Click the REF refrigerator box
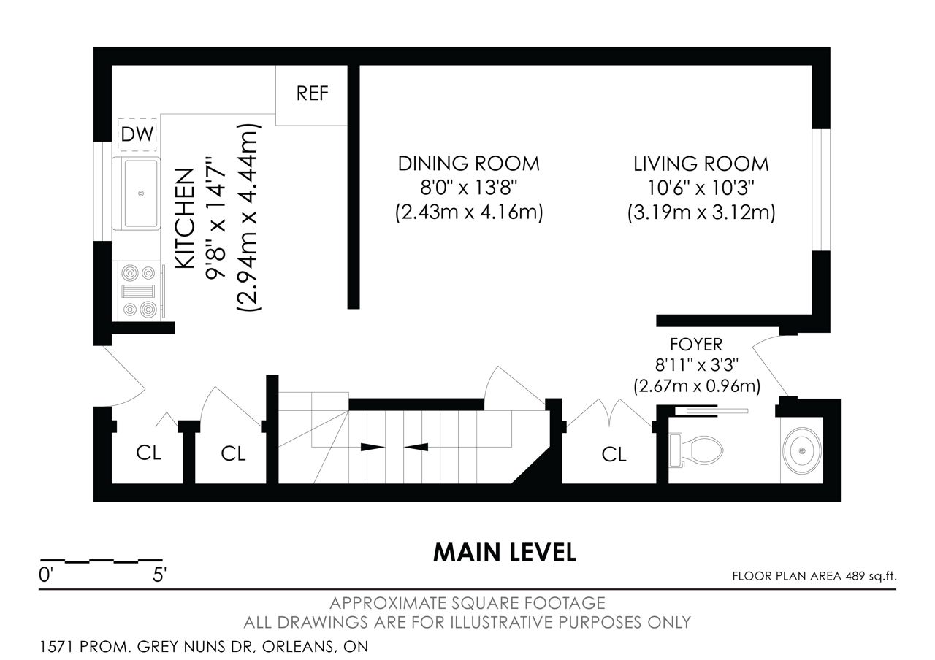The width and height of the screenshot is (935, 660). coord(311,95)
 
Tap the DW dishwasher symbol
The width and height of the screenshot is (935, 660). coord(137,134)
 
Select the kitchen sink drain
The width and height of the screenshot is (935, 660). coord(141,193)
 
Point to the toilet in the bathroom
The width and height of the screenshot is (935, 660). coord(696,450)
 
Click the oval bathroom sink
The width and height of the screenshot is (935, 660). coord(802,451)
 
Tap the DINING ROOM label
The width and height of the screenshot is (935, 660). coord(469,164)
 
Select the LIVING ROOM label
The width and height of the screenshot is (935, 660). coord(701,164)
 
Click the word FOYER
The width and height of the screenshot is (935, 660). coord(696,345)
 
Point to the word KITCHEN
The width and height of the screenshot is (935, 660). coord(185,218)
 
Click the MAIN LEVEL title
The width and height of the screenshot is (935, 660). coord(505,553)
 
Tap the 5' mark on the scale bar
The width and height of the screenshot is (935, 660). coord(159,575)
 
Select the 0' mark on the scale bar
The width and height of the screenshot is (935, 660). coord(45,575)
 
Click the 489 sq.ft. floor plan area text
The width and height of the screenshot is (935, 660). coord(871,576)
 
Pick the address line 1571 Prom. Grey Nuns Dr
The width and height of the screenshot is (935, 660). coord(204,647)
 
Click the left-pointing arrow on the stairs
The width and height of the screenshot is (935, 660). coord(416,448)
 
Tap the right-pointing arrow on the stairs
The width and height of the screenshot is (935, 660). coord(373,448)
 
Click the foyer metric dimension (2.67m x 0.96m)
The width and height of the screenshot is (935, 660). coord(697,386)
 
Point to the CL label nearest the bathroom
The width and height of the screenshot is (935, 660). coord(614,454)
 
